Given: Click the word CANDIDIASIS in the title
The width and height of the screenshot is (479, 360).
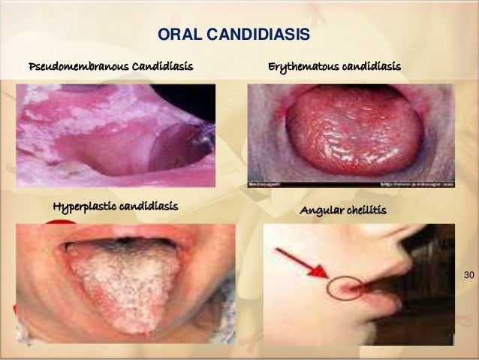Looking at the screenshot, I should [263, 35].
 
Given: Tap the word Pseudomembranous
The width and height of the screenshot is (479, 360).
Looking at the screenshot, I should [77, 67].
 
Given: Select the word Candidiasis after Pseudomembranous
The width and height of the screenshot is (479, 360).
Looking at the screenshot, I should [162, 67].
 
